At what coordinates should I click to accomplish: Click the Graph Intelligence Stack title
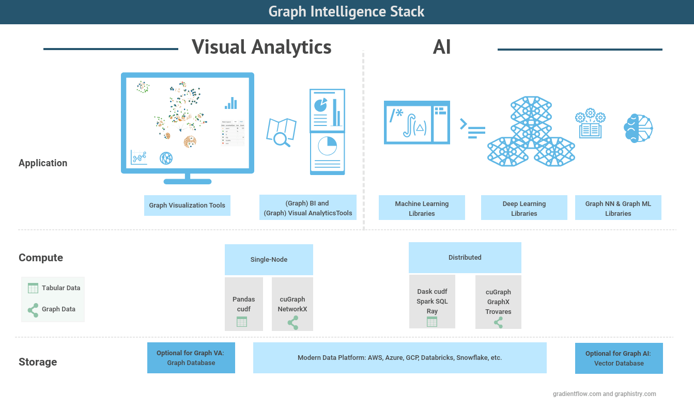point(346,12)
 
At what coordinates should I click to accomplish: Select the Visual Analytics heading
point(261,47)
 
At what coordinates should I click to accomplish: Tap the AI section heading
point(442,47)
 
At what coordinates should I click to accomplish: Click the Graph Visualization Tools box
point(187,206)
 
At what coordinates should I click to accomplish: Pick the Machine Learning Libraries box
point(422,208)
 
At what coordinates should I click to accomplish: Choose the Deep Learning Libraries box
point(524,208)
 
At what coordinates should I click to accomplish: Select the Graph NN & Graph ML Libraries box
point(618,208)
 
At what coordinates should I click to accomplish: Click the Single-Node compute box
point(269,259)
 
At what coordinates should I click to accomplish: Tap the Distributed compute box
point(465,257)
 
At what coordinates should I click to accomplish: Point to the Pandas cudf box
point(243,304)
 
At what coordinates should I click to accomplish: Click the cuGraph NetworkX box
point(292,304)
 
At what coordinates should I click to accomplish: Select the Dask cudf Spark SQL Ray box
point(432,302)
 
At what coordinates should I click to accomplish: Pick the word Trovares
point(498,312)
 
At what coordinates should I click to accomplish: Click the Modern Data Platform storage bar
point(399,358)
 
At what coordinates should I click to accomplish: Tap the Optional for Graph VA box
point(191,358)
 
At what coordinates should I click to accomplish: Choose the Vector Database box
point(619,358)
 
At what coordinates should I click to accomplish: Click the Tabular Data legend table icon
point(33,288)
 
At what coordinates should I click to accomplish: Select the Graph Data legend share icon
point(33,310)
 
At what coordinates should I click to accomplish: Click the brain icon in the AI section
point(638,128)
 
